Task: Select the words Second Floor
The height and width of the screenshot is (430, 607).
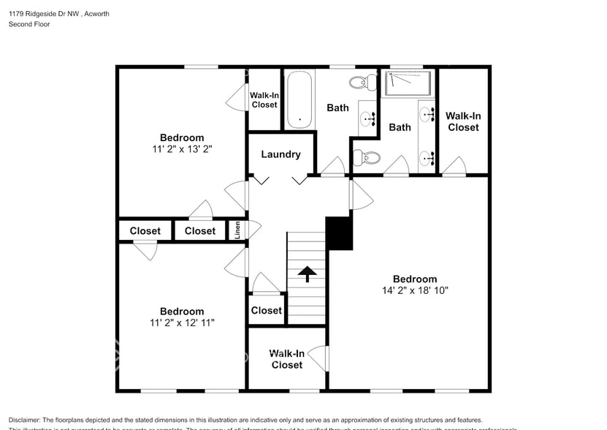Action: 29,24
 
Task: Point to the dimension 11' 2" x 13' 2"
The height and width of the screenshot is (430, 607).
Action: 182,148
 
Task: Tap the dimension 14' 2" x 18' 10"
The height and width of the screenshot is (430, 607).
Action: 415,290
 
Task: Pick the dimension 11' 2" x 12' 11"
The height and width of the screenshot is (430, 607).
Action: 182,322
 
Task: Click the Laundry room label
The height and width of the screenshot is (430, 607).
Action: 280,154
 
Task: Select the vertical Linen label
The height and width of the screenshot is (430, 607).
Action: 237,230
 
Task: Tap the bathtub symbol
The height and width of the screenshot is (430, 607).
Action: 299,99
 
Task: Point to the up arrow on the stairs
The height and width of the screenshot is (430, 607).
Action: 307,274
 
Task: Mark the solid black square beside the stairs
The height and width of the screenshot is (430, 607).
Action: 339,233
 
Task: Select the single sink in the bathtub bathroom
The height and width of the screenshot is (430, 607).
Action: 368,117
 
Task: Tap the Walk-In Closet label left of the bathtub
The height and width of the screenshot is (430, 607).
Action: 264,99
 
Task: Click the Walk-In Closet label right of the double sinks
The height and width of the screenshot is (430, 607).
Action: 463,121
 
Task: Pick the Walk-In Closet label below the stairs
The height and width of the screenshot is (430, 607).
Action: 286,359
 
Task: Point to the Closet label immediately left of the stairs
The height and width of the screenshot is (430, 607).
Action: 266,310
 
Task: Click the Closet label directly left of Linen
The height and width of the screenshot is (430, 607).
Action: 199,231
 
